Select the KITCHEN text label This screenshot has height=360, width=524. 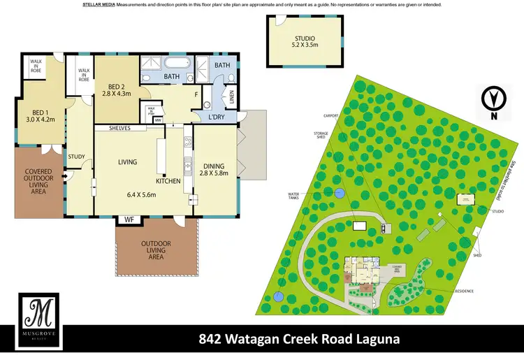168,181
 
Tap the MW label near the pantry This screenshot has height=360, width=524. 159,120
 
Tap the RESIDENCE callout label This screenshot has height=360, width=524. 464,290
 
